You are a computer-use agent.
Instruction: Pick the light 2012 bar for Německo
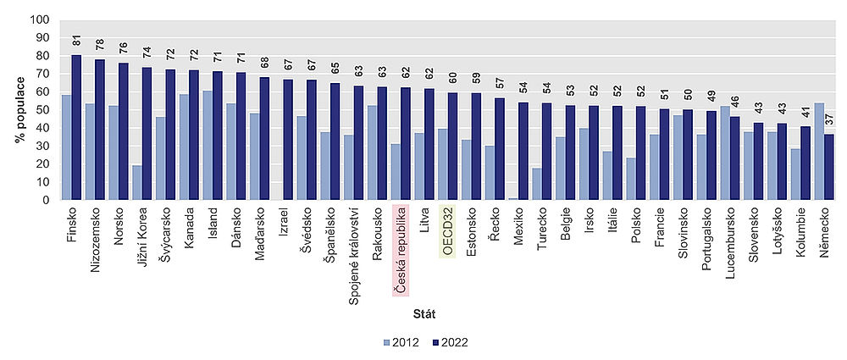pyautogui.click(x=818, y=152)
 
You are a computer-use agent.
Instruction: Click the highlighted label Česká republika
pyautogui.click(x=401, y=250)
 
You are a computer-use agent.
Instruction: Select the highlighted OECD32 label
pyautogui.click(x=446, y=230)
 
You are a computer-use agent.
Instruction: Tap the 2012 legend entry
pyautogui.click(x=398, y=342)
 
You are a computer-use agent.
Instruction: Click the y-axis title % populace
pyautogui.click(x=19, y=110)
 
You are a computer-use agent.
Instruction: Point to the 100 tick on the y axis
pyautogui.click(x=41, y=19)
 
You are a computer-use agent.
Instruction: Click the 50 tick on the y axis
pyautogui.click(x=43, y=110)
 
